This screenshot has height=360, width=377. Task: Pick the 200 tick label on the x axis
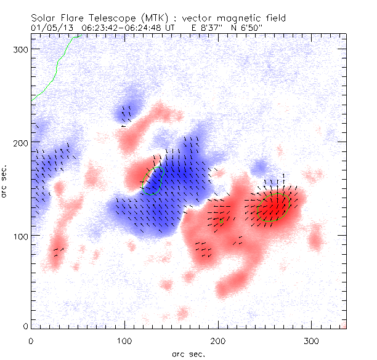coord(218,340)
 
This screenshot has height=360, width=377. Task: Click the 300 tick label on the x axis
coord(312,340)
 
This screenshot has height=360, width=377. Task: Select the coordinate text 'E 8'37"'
coord(201,28)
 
